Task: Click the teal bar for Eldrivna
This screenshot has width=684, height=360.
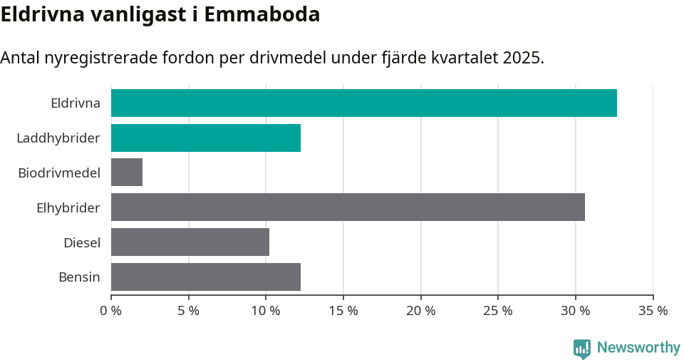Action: coord(363,103)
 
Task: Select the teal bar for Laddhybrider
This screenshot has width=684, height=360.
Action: coord(206,138)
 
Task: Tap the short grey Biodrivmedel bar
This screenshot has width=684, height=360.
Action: coord(127,173)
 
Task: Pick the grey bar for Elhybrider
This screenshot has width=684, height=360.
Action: coord(348,207)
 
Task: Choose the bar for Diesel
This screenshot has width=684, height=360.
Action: coord(190,242)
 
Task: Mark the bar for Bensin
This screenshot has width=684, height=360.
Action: coord(206,277)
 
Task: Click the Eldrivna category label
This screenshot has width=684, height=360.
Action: coord(76,103)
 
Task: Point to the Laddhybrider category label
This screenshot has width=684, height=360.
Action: coord(58,138)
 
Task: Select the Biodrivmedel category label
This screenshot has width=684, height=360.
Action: coord(59,173)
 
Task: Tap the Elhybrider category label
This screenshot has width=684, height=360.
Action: coord(68,207)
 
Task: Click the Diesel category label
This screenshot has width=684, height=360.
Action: coord(82,242)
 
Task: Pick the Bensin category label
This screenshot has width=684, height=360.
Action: coord(79,277)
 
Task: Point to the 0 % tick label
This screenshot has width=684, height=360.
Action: coord(111,311)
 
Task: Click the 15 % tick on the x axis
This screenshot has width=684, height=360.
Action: coord(343,311)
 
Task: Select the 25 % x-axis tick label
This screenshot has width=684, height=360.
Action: coord(498,311)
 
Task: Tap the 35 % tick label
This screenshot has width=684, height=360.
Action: coord(653,311)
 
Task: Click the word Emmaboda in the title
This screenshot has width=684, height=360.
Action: coord(261,14)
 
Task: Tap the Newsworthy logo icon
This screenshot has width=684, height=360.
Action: coord(581,348)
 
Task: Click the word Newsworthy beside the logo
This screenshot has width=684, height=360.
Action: coord(638,348)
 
